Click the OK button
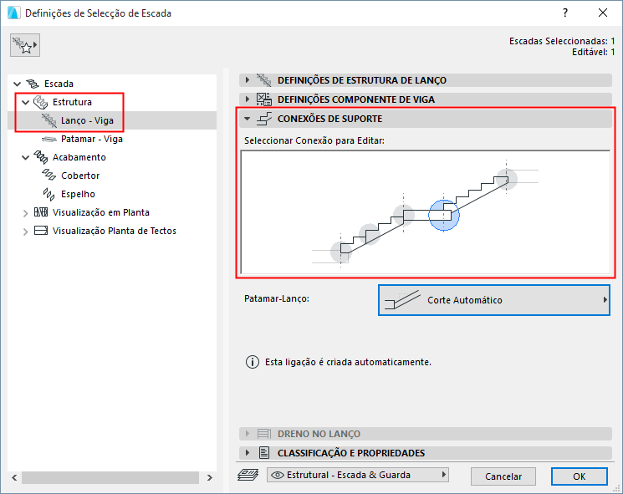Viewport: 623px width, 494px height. point(579,476)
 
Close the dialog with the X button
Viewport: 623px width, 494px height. point(603,13)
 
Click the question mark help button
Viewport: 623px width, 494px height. point(565,13)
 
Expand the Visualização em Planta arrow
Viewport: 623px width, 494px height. point(25,213)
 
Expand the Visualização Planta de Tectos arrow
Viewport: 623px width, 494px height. point(25,231)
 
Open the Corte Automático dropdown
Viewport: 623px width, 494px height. point(494,300)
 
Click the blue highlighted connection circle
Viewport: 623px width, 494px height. point(444,215)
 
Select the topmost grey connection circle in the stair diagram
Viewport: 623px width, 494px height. point(506,179)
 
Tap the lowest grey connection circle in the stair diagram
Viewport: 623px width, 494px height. point(341,252)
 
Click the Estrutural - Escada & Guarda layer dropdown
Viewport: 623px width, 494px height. point(358,475)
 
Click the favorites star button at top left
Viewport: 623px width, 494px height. point(25,45)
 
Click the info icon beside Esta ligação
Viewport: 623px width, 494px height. point(253,362)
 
